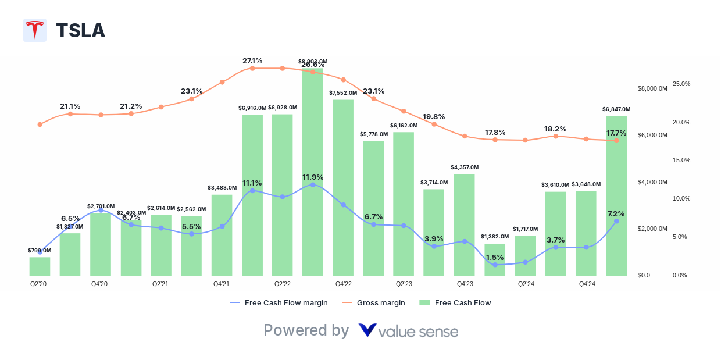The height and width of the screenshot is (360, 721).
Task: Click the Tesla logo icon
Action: click(x=35, y=30)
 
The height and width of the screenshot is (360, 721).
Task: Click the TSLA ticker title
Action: click(x=80, y=30)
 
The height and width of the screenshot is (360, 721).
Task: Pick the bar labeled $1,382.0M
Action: click(x=495, y=259)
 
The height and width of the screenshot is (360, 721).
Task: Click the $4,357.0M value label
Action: click(x=464, y=167)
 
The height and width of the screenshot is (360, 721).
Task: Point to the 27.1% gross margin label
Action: click(x=252, y=60)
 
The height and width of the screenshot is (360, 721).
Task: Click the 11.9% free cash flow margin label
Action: click(x=313, y=177)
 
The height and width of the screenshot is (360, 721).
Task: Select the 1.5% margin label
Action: click(x=495, y=257)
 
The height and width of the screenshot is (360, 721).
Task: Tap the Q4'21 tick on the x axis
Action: click(x=222, y=284)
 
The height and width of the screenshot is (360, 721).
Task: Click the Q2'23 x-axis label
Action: click(x=404, y=284)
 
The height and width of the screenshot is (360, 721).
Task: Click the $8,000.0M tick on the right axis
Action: click(x=652, y=88)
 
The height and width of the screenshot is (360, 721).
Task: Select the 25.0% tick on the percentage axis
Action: click(x=681, y=84)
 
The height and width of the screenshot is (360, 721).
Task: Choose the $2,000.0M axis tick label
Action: click(x=652, y=229)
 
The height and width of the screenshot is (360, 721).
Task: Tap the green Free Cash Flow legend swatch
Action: click(x=424, y=302)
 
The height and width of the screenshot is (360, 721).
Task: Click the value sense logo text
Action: click(x=417, y=332)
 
